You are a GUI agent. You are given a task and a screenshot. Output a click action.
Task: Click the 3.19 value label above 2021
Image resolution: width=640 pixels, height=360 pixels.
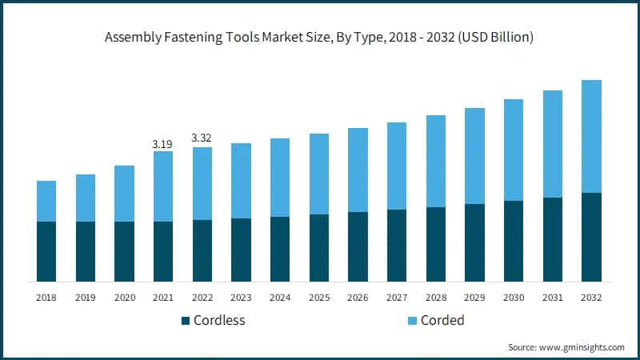(163, 144)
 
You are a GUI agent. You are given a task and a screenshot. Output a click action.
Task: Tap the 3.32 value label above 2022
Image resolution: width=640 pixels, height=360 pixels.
(202, 138)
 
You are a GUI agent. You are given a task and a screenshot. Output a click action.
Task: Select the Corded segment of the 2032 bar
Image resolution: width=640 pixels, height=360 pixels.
(591, 136)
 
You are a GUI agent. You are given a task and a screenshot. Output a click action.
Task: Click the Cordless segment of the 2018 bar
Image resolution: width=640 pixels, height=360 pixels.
(46, 251)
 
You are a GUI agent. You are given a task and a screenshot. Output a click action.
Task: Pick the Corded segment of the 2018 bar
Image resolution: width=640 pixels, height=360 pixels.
(46, 201)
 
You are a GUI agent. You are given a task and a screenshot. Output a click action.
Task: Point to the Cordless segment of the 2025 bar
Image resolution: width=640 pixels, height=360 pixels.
(319, 248)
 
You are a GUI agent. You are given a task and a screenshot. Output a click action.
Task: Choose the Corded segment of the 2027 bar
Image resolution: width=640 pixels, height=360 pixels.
(397, 166)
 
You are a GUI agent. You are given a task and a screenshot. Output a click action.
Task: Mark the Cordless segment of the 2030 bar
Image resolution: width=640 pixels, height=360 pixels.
(514, 241)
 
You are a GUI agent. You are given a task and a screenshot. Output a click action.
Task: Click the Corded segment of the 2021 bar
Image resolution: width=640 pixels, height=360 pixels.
(163, 186)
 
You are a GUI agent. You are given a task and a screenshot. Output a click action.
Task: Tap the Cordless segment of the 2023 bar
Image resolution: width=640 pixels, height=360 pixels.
(241, 250)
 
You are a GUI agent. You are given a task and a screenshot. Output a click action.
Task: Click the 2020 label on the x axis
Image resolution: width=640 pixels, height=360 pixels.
(124, 297)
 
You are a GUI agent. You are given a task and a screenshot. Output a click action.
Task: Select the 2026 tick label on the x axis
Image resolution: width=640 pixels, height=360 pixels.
(358, 297)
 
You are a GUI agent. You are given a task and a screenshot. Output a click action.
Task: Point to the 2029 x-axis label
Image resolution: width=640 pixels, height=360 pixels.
(474, 297)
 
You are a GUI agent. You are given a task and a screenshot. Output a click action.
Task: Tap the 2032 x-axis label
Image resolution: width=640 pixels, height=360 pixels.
(591, 297)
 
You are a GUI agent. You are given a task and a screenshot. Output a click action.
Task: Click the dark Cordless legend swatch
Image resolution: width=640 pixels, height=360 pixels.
(186, 321)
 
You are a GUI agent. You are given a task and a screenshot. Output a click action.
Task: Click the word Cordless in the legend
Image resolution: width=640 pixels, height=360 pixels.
(219, 321)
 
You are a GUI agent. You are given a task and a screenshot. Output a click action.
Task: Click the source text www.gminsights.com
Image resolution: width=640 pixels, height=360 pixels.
(583, 347)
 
